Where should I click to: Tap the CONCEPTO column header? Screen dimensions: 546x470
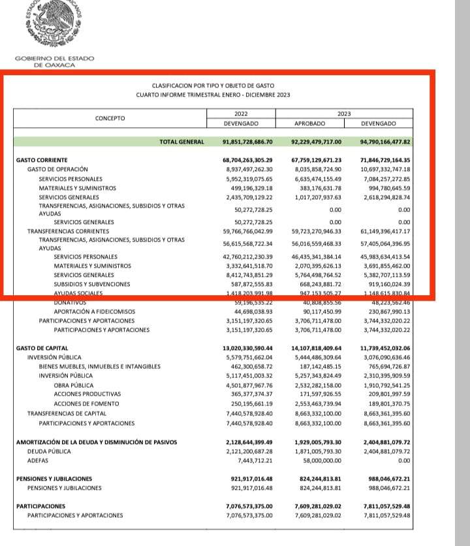click(110, 118)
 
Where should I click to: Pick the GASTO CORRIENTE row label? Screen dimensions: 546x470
click(42, 160)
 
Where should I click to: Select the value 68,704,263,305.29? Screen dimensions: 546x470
click(247, 160)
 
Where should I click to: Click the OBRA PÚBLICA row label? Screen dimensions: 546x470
click(74, 385)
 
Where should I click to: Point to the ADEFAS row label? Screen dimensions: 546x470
click(37, 460)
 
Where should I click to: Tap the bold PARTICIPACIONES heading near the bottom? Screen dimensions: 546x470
click(40, 506)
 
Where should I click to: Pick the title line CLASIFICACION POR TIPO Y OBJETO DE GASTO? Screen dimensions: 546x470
click(213, 86)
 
